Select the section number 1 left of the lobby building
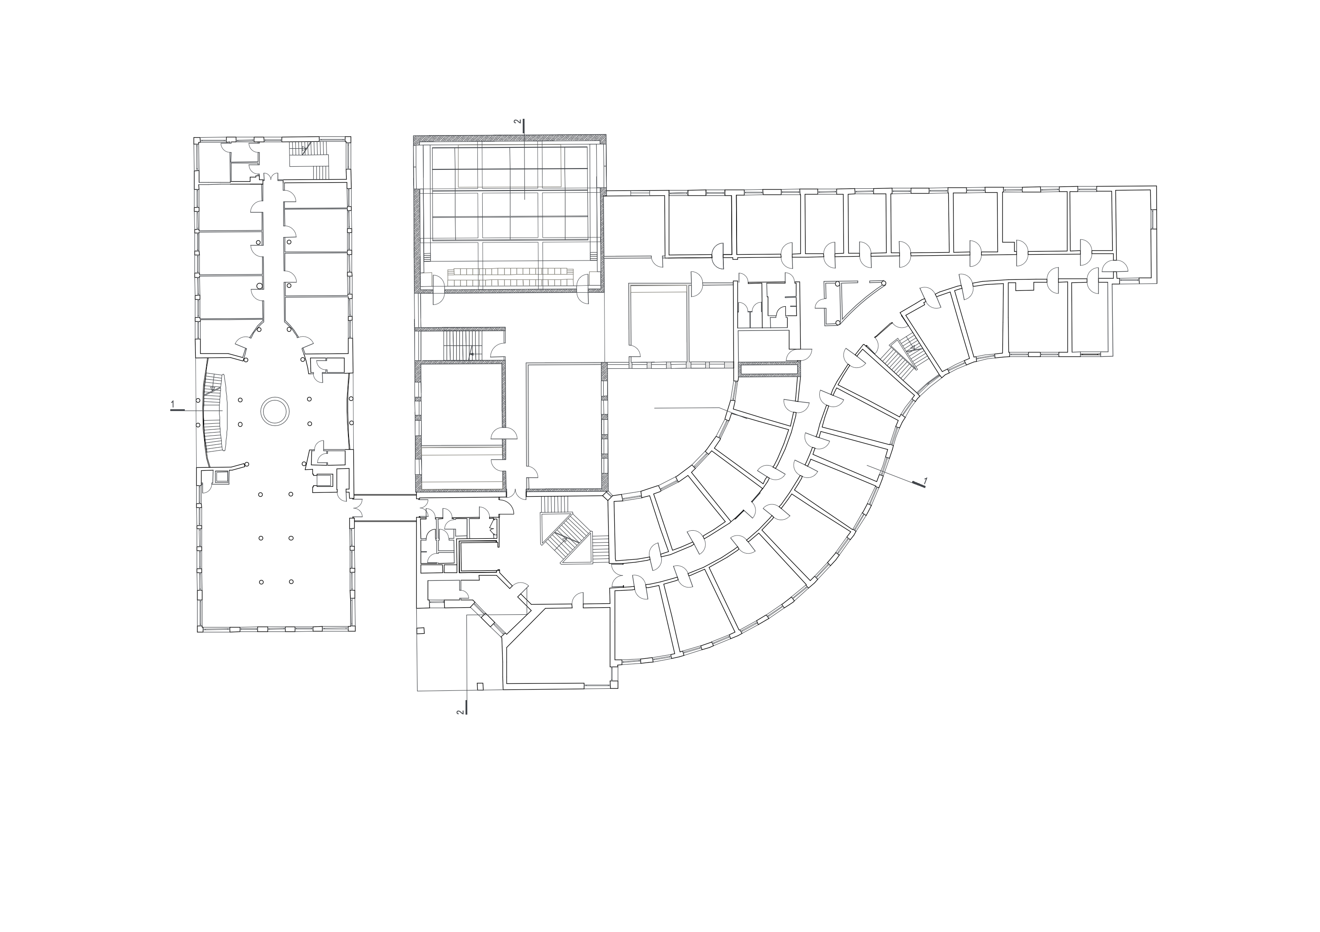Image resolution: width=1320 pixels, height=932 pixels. (x=172, y=405)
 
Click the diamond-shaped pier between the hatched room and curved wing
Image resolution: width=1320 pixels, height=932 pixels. (x=606, y=495)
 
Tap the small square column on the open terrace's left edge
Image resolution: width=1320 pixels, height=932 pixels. (x=420, y=631)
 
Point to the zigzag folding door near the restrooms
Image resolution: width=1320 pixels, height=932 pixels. (x=492, y=524)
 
